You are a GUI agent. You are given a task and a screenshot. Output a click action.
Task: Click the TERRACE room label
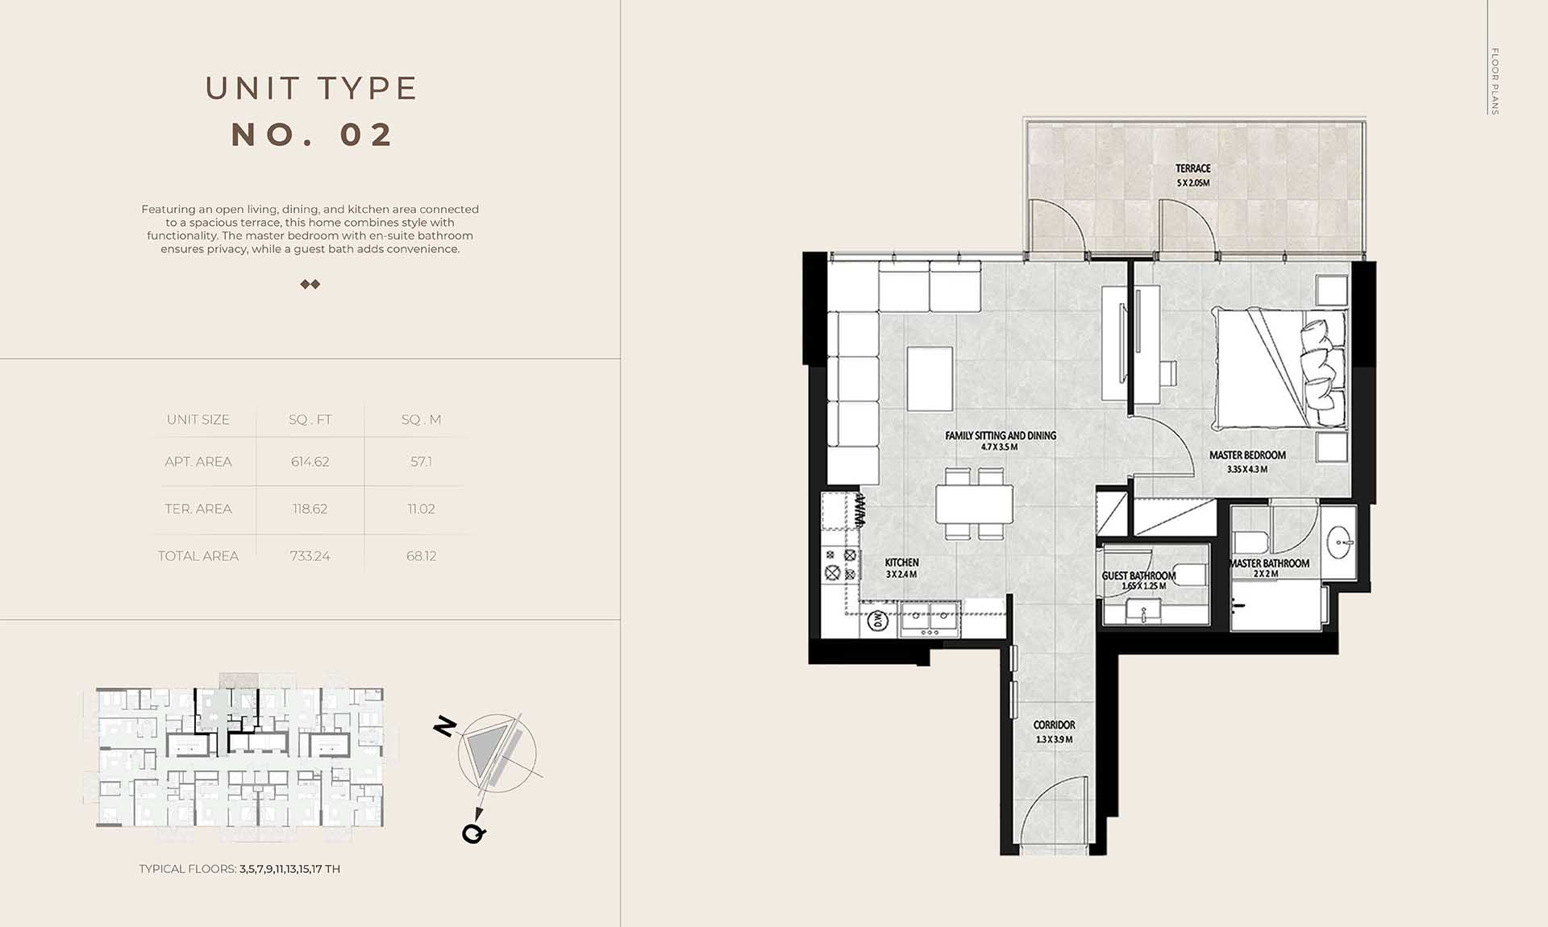[1192, 168]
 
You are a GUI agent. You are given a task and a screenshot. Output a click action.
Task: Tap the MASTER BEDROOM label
[1247, 455]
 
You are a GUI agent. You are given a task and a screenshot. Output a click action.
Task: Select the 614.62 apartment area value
[310, 462]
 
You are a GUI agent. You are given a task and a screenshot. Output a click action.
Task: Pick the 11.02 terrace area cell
[421, 509]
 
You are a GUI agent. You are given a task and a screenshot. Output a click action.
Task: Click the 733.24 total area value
[310, 556]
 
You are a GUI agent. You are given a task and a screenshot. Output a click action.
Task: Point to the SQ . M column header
[421, 419]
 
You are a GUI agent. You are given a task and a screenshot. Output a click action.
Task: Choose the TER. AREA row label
[198, 509]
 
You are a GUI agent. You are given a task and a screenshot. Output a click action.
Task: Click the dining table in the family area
[974, 504]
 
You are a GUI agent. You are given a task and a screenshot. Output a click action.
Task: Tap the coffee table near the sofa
[930, 379]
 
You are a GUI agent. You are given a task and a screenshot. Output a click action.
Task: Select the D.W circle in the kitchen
[877, 621]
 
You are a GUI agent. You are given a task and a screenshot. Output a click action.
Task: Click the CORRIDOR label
[1054, 725]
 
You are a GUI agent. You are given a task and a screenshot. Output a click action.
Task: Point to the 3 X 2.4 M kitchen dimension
[901, 575]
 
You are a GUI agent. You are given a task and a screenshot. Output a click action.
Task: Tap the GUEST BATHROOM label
[1138, 576]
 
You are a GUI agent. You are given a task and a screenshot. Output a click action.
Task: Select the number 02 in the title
[367, 135]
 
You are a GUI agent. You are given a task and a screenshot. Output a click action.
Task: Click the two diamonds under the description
[310, 284]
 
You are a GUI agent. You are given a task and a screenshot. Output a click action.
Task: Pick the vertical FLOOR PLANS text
[1495, 81]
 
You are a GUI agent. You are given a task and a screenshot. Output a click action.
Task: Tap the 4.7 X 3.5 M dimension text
[1000, 447]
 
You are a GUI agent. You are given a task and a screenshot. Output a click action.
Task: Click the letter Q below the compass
[474, 833]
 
